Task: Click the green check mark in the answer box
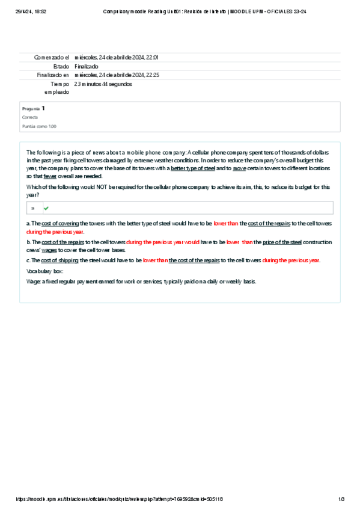(x=46, y=208)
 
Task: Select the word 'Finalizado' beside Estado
(x=87, y=66)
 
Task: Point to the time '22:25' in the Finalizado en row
(x=153, y=75)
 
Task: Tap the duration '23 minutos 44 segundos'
(x=103, y=84)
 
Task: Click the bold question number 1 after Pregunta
(x=43, y=108)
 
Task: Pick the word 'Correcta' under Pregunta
(x=30, y=117)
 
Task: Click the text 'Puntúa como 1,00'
(x=40, y=126)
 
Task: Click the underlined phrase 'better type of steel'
(x=193, y=168)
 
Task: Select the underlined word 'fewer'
(x=50, y=176)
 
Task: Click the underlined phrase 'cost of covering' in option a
(x=60, y=223)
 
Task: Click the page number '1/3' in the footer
(x=341, y=499)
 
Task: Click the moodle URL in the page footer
(x=120, y=499)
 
